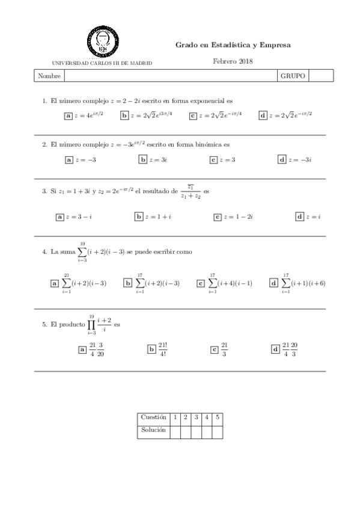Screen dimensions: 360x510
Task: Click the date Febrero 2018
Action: click(233, 61)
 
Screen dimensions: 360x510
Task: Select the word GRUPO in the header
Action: click(293, 76)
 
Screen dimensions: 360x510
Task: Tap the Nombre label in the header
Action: click(49, 76)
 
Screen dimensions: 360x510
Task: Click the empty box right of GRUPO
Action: click(320, 76)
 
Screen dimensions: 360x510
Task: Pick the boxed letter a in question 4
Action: click(55, 283)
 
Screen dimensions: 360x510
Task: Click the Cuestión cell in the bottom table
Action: click(153, 417)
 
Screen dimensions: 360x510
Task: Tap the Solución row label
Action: click(153, 431)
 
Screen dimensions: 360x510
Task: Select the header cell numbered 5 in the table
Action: click(217, 417)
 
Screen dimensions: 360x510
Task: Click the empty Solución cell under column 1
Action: click(175, 431)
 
